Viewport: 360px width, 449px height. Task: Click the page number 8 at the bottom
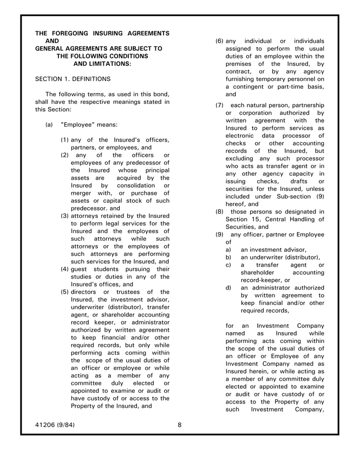point(180,425)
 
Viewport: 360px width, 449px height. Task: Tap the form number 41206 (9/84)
point(55,425)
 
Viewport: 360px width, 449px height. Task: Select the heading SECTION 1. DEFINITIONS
point(73,79)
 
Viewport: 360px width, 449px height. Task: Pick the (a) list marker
point(49,125)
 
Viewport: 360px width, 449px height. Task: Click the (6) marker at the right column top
point(219,41)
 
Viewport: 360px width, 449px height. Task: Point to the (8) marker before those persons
point(219,212)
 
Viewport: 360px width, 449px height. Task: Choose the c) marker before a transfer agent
point(229,265)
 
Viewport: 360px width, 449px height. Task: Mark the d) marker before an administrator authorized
point(229,288)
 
